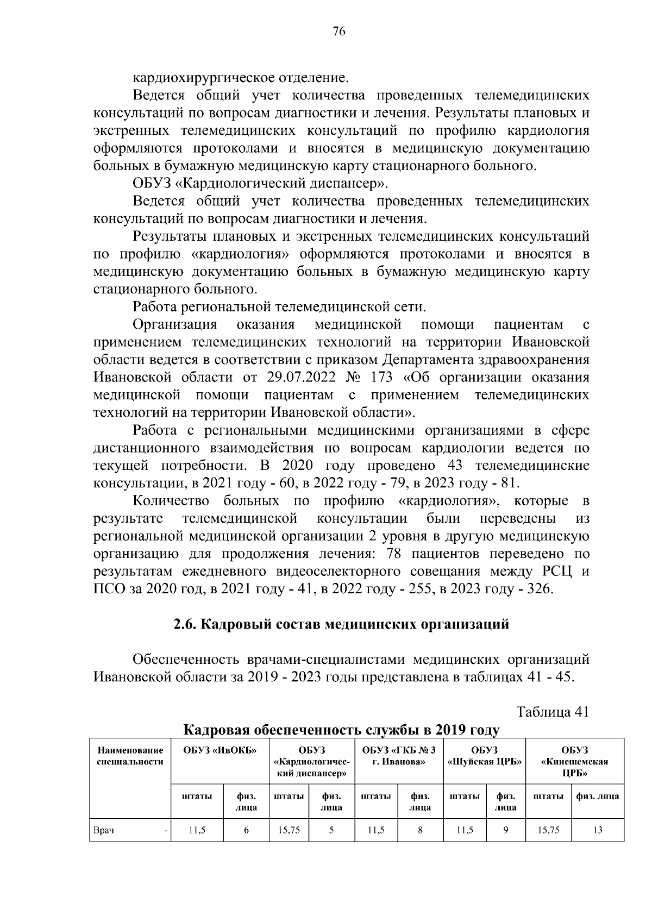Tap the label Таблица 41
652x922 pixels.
552,712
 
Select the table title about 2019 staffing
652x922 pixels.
341,729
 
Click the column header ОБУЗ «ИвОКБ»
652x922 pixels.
220,751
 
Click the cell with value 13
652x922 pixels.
598,830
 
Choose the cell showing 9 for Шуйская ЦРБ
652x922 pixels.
505,830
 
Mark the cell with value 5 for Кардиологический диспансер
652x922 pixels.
331,830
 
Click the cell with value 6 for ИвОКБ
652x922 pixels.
246,830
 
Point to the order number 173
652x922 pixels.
381,377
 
